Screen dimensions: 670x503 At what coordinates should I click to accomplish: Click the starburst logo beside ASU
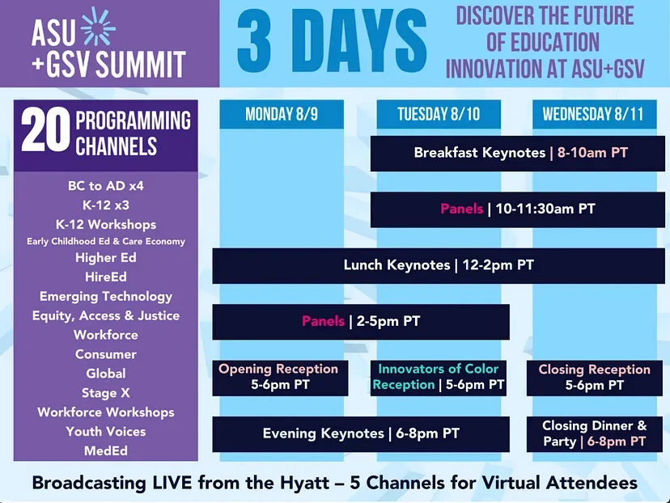pos(98,27)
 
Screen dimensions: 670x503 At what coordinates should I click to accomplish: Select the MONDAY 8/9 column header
pos(282,114)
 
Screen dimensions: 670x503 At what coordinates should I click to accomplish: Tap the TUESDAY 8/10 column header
pos(439,114)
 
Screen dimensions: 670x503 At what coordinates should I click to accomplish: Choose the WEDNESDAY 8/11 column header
pos(595,114)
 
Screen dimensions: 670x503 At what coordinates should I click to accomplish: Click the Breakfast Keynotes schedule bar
pos(517,154)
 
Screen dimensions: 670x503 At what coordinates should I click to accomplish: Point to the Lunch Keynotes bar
pos(439,265)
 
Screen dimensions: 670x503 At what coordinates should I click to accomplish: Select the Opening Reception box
pos(280,378)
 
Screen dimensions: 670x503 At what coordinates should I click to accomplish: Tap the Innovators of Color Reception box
pos(439,378)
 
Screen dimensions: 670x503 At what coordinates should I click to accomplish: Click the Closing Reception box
pos(595,378)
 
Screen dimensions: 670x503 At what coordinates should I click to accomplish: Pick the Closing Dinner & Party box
pos(595,433)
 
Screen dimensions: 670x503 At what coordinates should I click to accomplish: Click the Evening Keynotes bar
pos(361,433)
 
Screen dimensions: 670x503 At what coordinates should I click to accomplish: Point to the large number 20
pos(45,129)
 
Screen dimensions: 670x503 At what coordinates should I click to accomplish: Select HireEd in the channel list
pos(106,277)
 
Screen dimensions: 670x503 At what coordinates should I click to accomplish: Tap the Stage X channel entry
pos(106,393)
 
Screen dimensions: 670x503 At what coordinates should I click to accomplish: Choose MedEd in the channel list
pos(106,451)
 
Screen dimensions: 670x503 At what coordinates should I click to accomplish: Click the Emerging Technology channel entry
pos(106,297)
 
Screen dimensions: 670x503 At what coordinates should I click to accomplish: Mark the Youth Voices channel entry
pos(106,432)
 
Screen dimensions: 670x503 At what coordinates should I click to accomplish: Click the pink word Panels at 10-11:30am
pos(462,209)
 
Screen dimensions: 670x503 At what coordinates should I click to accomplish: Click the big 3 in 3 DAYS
pos(255,41)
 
